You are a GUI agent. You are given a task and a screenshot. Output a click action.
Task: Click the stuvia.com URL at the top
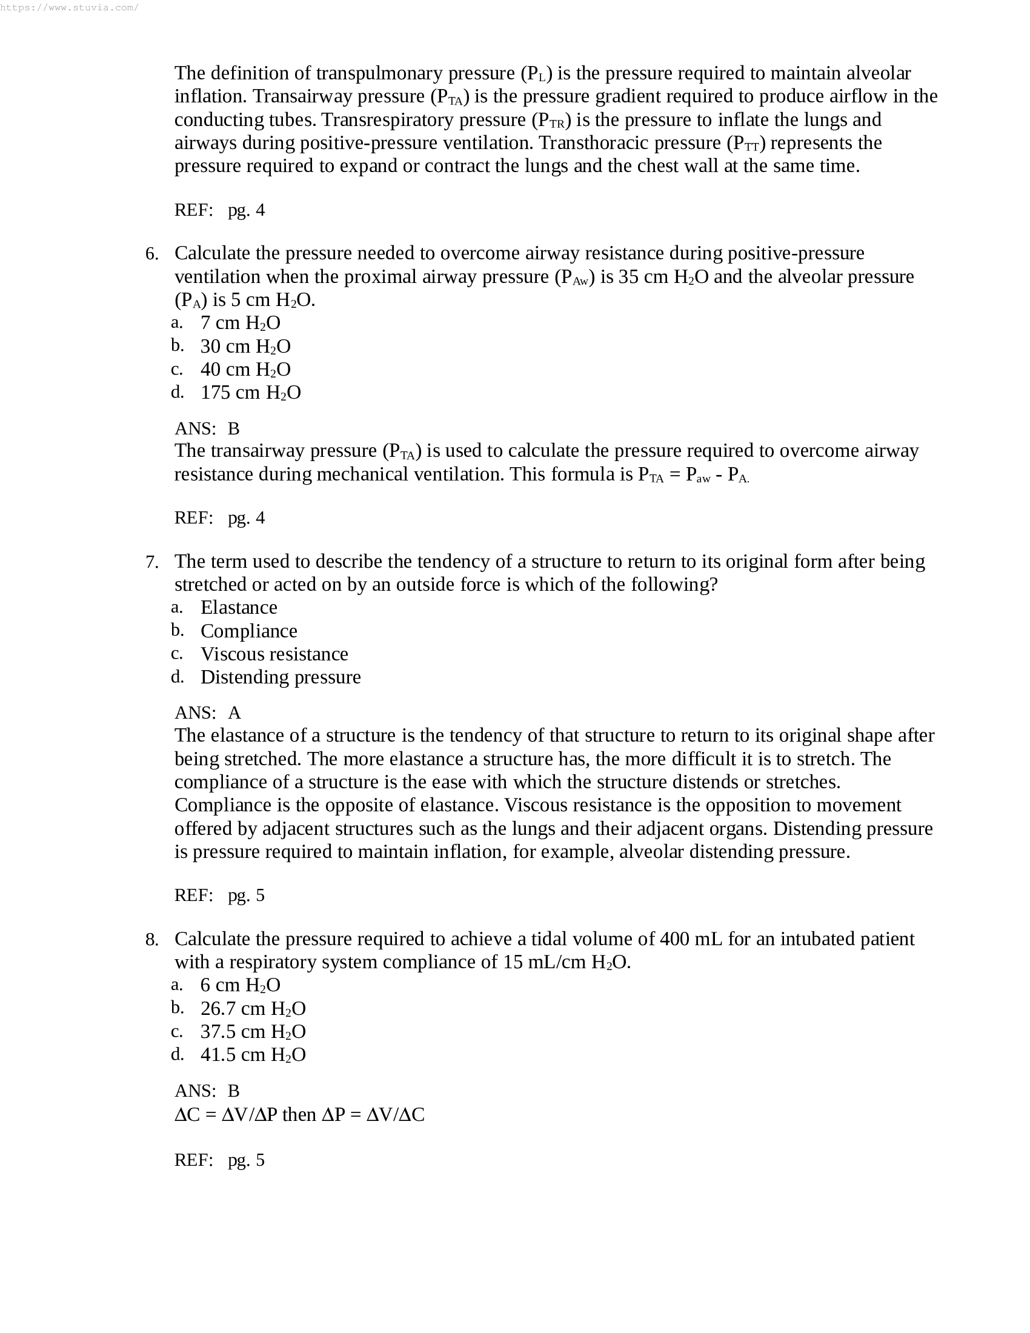click(70, 8)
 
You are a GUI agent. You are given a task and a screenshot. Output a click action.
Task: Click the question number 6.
click(151, 254)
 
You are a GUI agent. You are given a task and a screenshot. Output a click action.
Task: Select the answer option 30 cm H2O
click(245, 347)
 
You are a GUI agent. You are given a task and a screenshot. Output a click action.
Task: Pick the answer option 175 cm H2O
click(250, 393)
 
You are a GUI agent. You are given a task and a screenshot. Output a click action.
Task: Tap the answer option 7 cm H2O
click(240, 323)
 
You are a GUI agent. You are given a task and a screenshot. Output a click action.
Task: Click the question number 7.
click(151, 562)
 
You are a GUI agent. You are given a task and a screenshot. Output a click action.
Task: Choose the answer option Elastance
click(239, 608)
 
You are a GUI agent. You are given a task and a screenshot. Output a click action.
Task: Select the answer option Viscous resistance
click(274, 654)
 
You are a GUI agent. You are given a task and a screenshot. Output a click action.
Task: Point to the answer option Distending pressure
click(280, 677)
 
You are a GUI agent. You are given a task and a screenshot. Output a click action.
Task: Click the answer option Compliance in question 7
click(248, 631)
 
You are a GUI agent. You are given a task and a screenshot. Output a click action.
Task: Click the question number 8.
click(151, 940)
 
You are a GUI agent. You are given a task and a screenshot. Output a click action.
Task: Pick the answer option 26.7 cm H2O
click(253, 1009)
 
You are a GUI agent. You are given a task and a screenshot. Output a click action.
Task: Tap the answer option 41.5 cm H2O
click(253, 1055)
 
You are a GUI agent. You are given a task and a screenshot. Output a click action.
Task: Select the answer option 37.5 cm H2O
click(253, 1032)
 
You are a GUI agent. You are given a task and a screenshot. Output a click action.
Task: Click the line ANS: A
click(207, 713)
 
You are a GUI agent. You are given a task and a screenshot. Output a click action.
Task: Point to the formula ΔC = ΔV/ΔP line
click(299, 1115)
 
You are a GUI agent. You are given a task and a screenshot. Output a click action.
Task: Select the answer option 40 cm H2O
click(245, 370)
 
